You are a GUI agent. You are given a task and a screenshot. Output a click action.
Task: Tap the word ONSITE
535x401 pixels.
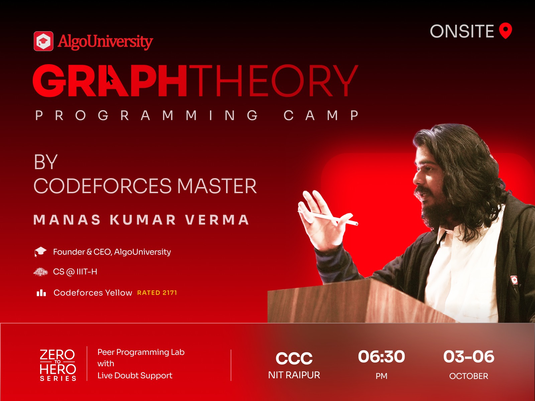[462, 31]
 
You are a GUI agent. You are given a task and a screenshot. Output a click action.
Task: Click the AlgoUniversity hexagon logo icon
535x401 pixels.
[43, 41]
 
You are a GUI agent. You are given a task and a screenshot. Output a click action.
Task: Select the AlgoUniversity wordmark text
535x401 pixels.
[105, 42]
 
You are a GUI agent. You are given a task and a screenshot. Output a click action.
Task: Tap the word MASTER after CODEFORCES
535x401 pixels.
[217, 186]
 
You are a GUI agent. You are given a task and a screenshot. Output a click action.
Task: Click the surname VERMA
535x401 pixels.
[217, 220]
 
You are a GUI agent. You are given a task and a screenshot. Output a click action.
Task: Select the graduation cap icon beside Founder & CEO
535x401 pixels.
[40, 252]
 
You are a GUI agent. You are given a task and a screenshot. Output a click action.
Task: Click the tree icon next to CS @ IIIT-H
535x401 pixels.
[40, 272]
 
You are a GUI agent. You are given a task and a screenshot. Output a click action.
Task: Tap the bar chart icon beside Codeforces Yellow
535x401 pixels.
[41, 293]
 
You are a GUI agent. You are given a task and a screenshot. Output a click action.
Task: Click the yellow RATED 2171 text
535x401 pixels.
[157, 293]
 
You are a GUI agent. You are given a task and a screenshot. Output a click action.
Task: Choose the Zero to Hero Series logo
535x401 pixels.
[58, 365]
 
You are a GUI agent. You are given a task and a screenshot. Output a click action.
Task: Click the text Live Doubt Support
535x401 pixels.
[135, 375]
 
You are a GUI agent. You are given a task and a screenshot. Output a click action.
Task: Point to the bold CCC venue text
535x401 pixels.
[294, 358]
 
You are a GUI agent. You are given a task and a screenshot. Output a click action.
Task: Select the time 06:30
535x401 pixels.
[382, 357]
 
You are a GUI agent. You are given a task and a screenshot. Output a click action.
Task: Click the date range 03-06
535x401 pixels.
[469, 357]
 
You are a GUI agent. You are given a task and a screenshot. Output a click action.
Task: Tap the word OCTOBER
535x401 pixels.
[469, 376]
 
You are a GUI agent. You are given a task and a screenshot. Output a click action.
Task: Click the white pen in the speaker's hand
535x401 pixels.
[328, 218]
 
